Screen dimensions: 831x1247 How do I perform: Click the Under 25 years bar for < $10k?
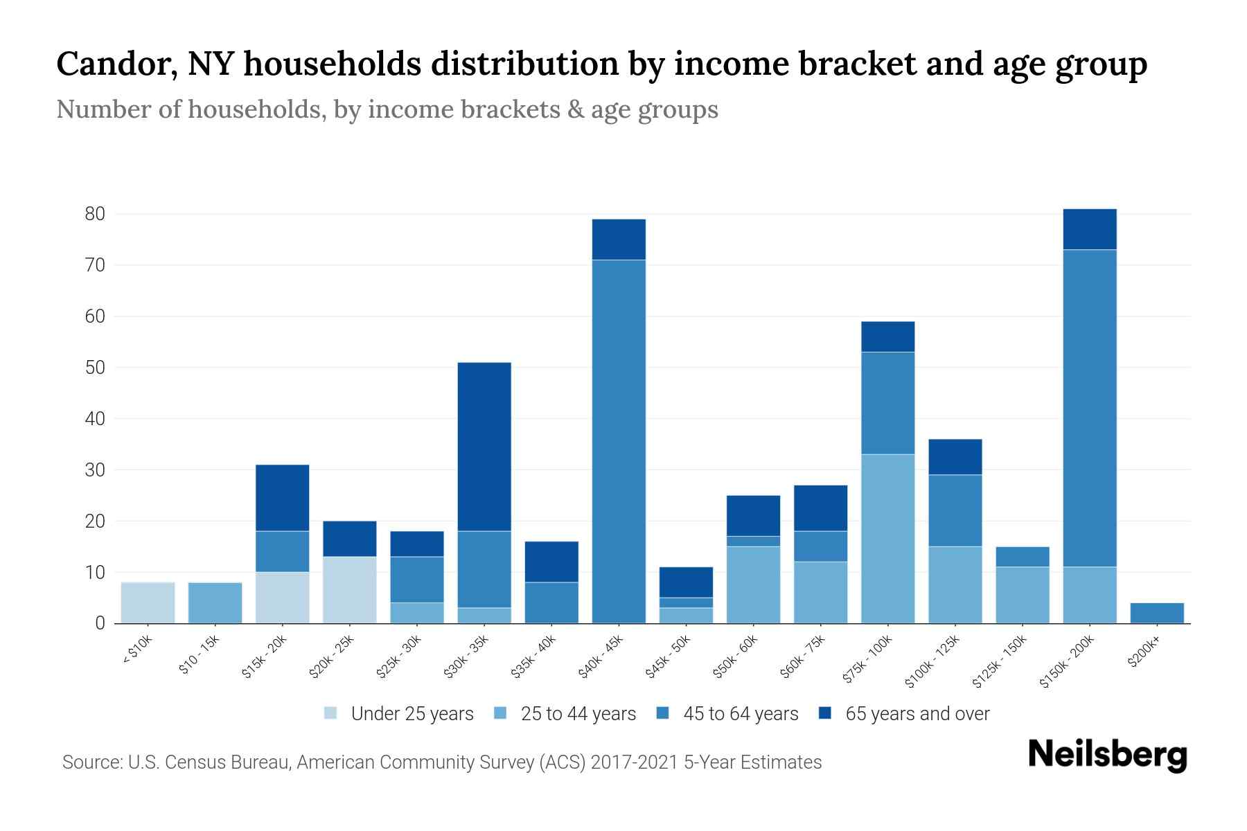click(148, 602)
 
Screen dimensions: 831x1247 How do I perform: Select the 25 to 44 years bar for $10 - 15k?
click(215, 602)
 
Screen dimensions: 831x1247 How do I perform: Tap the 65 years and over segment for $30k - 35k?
click(484, 447)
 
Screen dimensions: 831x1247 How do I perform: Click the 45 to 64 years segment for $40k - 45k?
click(619, 441)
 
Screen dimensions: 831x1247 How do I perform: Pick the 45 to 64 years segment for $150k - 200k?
click(1089, 409)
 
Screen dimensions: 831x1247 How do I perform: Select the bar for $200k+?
click(1157, 613)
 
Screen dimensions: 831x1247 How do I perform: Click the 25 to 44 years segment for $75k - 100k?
click(887, 539)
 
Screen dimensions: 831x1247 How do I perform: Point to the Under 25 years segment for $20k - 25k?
click(350, 590)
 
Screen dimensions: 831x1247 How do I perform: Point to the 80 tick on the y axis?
click(95, 214)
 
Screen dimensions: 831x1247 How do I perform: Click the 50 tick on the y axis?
click(95, 368)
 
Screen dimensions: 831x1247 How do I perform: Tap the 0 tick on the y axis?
click(100, 623)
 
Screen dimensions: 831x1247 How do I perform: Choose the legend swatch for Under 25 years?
click(331, 713)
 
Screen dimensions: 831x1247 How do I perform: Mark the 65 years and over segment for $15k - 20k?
click(282, 498)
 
